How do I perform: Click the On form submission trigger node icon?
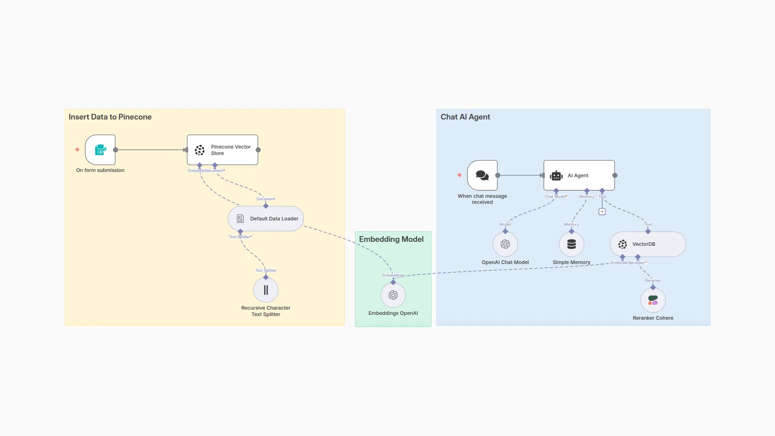point(100,150)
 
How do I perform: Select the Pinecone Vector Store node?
point(222,150)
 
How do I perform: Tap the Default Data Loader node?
point(266,218)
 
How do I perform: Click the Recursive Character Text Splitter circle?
point(266,290)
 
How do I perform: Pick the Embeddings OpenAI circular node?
point(393,295)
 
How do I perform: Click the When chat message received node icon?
point(482,175)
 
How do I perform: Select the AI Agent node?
point(579,175)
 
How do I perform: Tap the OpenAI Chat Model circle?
point(505,244)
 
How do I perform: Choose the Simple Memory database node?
point(571,244)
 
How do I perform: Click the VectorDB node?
point(647,244)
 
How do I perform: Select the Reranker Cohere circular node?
point(653,300)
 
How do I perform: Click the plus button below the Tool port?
point(602,212)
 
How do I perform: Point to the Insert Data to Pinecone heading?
point(110,117)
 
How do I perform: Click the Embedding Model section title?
point(391,239)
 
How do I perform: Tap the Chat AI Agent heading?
point(465,117)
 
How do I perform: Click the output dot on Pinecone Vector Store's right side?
point(258,150)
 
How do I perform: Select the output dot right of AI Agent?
point(615,175)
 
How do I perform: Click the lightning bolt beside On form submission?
point(77,150)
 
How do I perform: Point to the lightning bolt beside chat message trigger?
point(459,175)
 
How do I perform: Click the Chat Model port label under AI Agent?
point(555,197)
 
